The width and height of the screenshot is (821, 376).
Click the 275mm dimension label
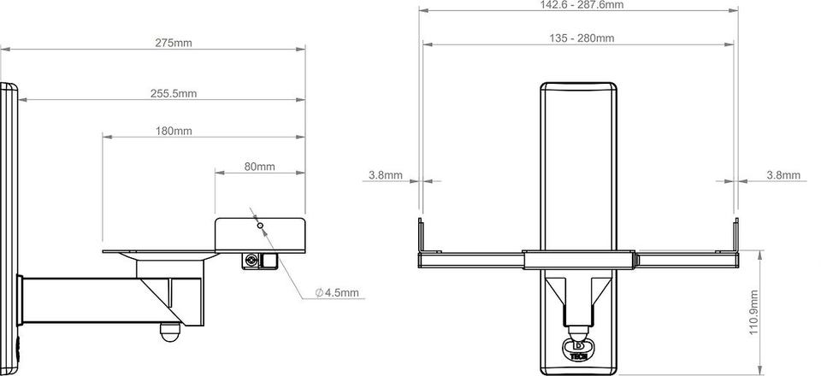coord(174,43)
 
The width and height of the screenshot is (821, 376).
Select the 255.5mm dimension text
coord(174,94)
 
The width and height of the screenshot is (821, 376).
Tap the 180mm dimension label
coord(174,131)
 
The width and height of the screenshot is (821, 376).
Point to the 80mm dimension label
coord(259,167)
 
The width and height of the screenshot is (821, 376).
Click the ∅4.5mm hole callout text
coord(338,293)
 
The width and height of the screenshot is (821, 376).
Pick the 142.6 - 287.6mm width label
coord(582,5)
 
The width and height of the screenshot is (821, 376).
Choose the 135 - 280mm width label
coord(582,38)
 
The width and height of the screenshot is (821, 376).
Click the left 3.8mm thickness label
coord(386,175)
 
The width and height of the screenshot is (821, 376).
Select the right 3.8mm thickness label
coord(783,175)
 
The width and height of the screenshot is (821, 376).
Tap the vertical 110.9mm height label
coord(754,313)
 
